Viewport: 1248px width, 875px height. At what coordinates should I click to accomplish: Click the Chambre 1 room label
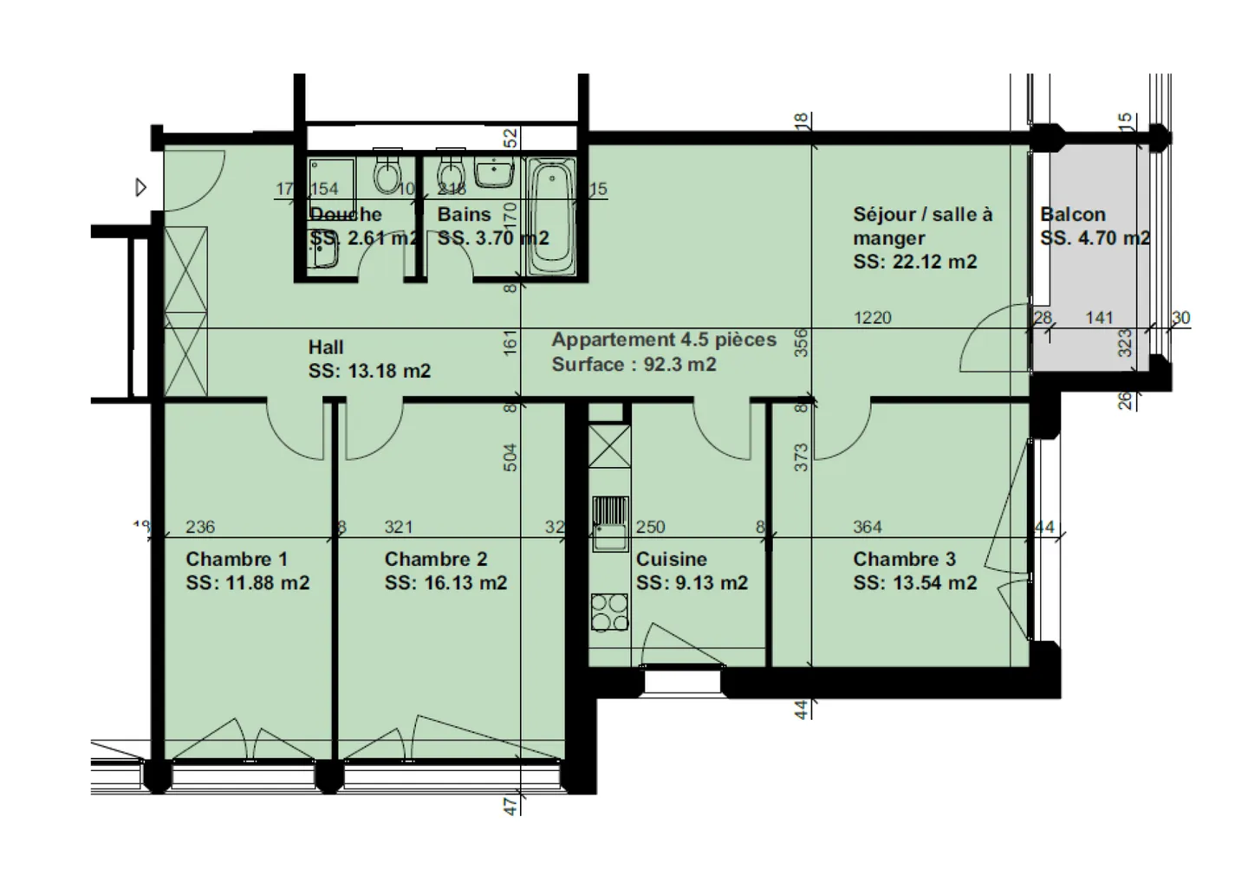236,560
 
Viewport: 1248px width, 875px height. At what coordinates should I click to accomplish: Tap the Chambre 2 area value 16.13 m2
445,583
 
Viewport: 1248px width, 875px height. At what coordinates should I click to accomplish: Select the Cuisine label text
671,560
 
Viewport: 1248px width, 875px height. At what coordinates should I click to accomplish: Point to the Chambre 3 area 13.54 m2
914,583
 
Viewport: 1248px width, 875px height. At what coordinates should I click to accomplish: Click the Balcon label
1073,215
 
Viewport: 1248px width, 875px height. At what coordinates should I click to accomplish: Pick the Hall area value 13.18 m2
369,371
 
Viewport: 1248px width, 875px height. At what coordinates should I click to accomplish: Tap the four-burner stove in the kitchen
609,612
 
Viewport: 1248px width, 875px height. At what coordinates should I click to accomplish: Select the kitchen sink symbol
610,523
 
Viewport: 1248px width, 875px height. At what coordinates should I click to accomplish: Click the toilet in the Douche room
386,173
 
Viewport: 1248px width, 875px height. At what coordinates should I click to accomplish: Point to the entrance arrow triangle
141,187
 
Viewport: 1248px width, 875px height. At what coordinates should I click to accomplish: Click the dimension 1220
872,318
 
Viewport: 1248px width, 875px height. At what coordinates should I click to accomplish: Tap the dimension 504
510,457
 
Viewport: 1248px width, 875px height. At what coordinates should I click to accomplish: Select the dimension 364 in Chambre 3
867,527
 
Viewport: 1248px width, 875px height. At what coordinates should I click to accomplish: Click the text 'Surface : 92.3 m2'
634,365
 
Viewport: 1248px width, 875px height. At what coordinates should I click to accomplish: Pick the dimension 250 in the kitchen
650,527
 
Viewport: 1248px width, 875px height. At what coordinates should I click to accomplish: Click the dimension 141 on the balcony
1099,318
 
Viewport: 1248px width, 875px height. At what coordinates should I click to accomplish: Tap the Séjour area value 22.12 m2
914,262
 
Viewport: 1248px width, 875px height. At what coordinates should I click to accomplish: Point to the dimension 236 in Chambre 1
200,527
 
